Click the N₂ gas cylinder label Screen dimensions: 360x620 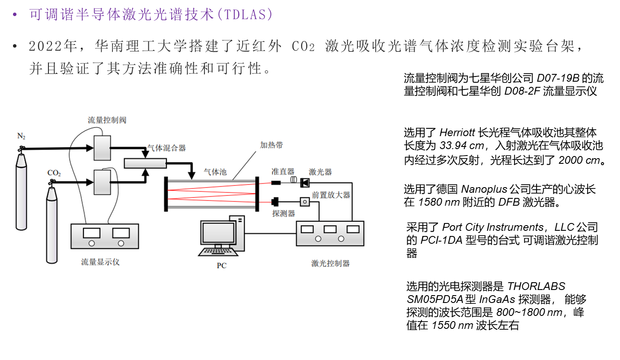coord(21,136)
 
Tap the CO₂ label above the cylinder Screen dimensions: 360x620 coord(54,173)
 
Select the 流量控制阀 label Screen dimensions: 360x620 coord(107,120)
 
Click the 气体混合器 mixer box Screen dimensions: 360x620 coord(145,163)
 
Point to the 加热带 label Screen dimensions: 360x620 coord(271,145)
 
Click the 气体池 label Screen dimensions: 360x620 coord(215,172)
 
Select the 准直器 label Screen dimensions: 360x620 coord(283,172)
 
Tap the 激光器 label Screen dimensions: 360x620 coord(320,172)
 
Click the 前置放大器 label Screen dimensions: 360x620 coord(331,195)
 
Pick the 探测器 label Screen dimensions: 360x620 coord(284,213)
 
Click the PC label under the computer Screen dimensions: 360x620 coord(221,265)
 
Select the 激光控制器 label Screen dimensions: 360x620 coord(330,263)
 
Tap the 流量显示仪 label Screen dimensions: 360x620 coord(100,262)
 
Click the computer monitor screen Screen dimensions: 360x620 coord(219,233)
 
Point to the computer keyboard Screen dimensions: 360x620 coord(219,252)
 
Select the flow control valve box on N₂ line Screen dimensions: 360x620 coord(102,148)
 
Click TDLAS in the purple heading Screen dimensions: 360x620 coord(247,14)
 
